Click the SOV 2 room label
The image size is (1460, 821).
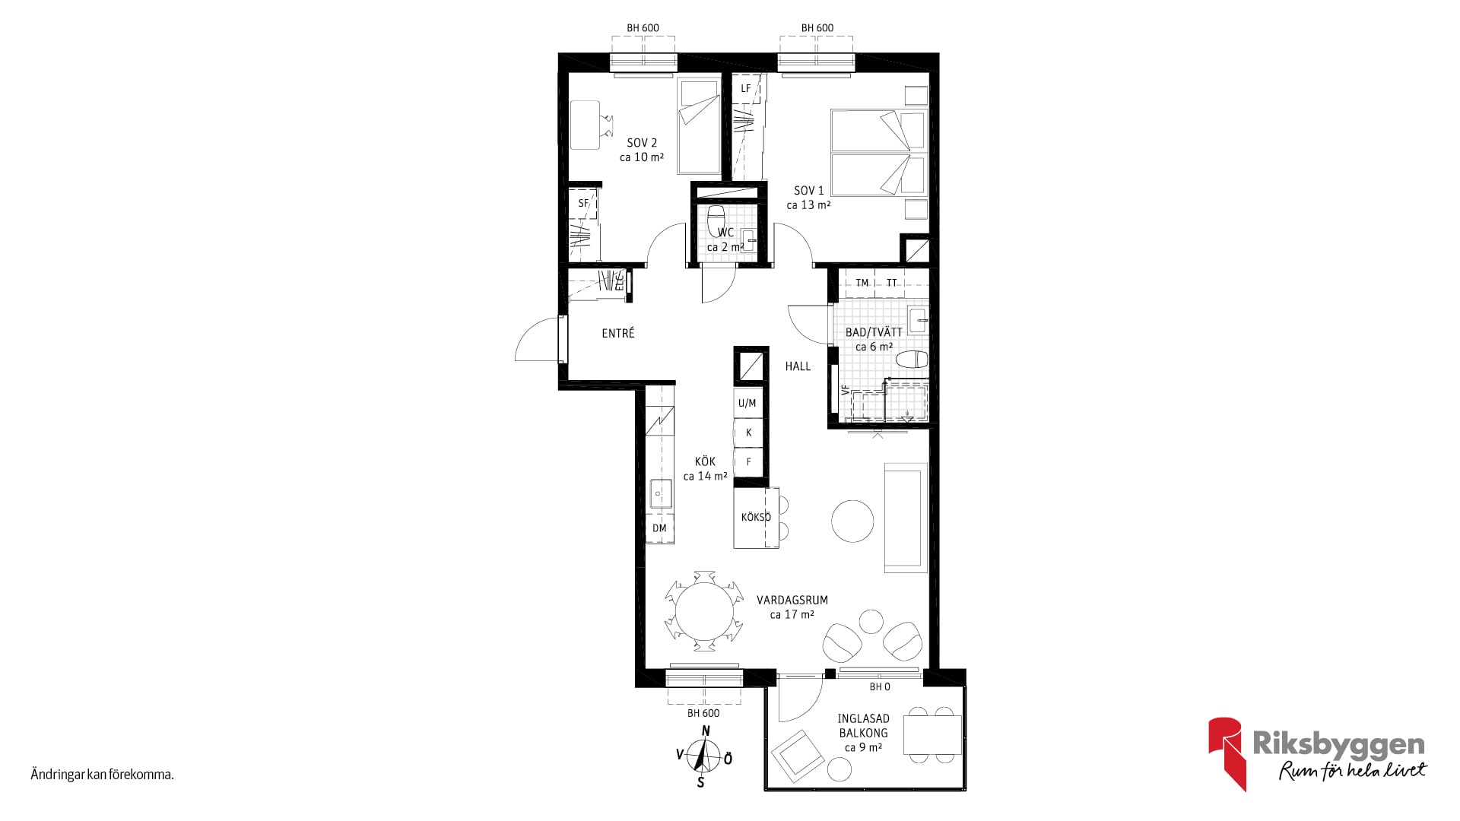tap(642, 143)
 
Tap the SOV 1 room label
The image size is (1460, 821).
tap(809, 191)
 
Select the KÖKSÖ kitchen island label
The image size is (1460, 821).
tap(756, 518)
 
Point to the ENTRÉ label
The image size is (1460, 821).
tap(618, 333)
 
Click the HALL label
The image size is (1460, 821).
tap(798, 366)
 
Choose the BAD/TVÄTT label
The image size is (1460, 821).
tap(874, 332)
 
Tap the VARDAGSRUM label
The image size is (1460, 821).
tap(792, 600)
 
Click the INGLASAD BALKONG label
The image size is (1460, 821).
tap(864, 726)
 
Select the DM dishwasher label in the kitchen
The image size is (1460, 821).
tap(659, 528)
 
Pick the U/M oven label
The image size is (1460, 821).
tap(747, 403)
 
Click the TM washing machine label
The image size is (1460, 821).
tap(862, 283)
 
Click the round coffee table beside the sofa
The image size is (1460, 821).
tap(852, 521)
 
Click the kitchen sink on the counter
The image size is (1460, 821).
tap(660, 493)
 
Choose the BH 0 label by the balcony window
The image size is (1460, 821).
tap(880, 687)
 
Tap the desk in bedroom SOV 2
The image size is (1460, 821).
tap(585, 125)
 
